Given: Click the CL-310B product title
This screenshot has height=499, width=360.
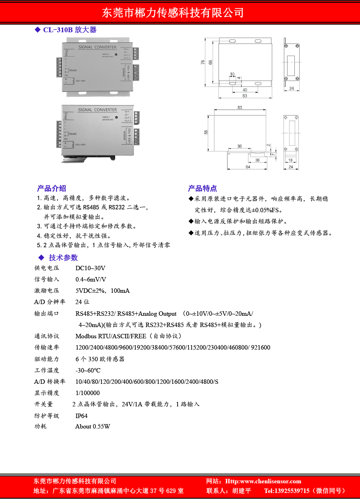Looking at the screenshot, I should [70, 30].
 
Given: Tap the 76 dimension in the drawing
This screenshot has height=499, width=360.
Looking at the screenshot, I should [203, 62].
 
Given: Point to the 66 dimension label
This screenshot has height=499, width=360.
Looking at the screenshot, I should [210, 62].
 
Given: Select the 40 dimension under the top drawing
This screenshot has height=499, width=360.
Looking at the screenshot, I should [245, 90].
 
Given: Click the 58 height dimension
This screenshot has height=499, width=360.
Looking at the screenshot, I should [206, 132].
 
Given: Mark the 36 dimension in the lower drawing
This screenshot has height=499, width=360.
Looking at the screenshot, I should [240, 146].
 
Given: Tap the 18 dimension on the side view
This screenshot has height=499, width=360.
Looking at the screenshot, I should [291, 160].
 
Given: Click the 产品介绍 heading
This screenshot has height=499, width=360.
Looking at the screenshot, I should [52, 188].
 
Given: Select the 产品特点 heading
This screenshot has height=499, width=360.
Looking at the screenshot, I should [202, 188].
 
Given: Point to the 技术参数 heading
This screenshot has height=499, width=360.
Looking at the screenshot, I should [63, 258].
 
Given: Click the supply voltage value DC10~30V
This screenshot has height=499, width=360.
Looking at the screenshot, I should [90, 268].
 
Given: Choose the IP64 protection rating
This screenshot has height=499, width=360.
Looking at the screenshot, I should [81, 416].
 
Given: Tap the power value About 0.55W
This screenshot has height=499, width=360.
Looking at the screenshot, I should [93, 427].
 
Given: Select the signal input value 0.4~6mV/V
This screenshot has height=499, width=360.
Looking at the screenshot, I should [91, 280].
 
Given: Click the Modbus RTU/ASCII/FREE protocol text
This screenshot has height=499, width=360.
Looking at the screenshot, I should [111, 336].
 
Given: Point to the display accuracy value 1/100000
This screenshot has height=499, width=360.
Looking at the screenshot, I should [87, 393].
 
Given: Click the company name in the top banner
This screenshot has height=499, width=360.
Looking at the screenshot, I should [173, 12].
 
